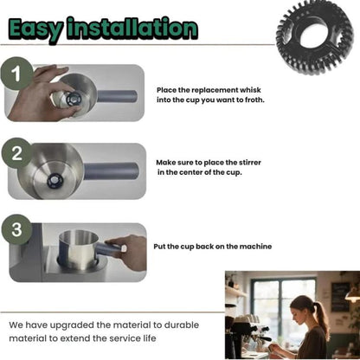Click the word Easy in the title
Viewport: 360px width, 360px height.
pyautogui.click(x=35, y=29)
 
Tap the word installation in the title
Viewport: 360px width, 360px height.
pyautogui.click(x=132, y=28)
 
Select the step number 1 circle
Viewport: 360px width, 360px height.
pyautogui.click(x=16, y=74)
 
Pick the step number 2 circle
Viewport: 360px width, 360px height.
pyautogui.click(x=16, y=153)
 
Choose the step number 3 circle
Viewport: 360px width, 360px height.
pyautogui.click(x=16, y=229)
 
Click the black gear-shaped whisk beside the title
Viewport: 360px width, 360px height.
pyautogui.click(x=315, y=36)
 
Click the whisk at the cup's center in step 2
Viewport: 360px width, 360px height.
pyautogui.click(x=54, y=182)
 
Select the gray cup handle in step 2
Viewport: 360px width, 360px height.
pyautogui.click(x=112, y=171)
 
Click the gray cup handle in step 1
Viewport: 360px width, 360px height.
pyautogui.click(x=117, y=96)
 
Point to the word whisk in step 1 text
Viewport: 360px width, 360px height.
pyautogui.click(x=251, y=90)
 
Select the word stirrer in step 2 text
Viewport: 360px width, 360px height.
pyautogui.click(x=250, y=163)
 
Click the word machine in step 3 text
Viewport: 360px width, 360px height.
pyautogui.click(x=255, y=247)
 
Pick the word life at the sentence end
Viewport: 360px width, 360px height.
pyautogui.click(x=149, y=337)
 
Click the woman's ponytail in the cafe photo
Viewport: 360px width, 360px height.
pyautogui.click(x=322, y=318)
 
